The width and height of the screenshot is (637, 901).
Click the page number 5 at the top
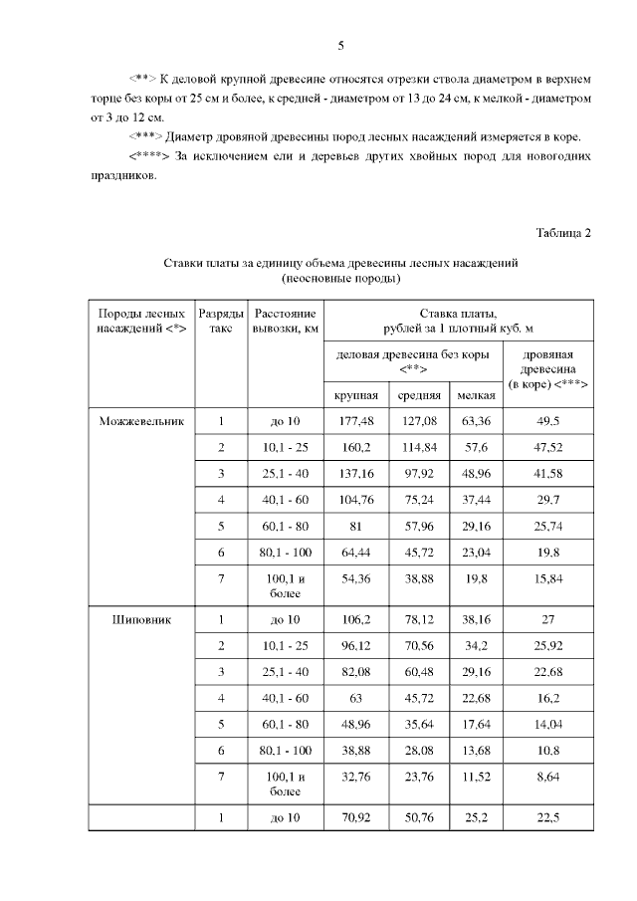click(340, 46)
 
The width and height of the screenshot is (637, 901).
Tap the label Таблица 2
click(563, 233)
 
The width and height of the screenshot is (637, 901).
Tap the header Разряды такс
click(221, 321)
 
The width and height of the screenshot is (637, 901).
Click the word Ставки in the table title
click(185, 263)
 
